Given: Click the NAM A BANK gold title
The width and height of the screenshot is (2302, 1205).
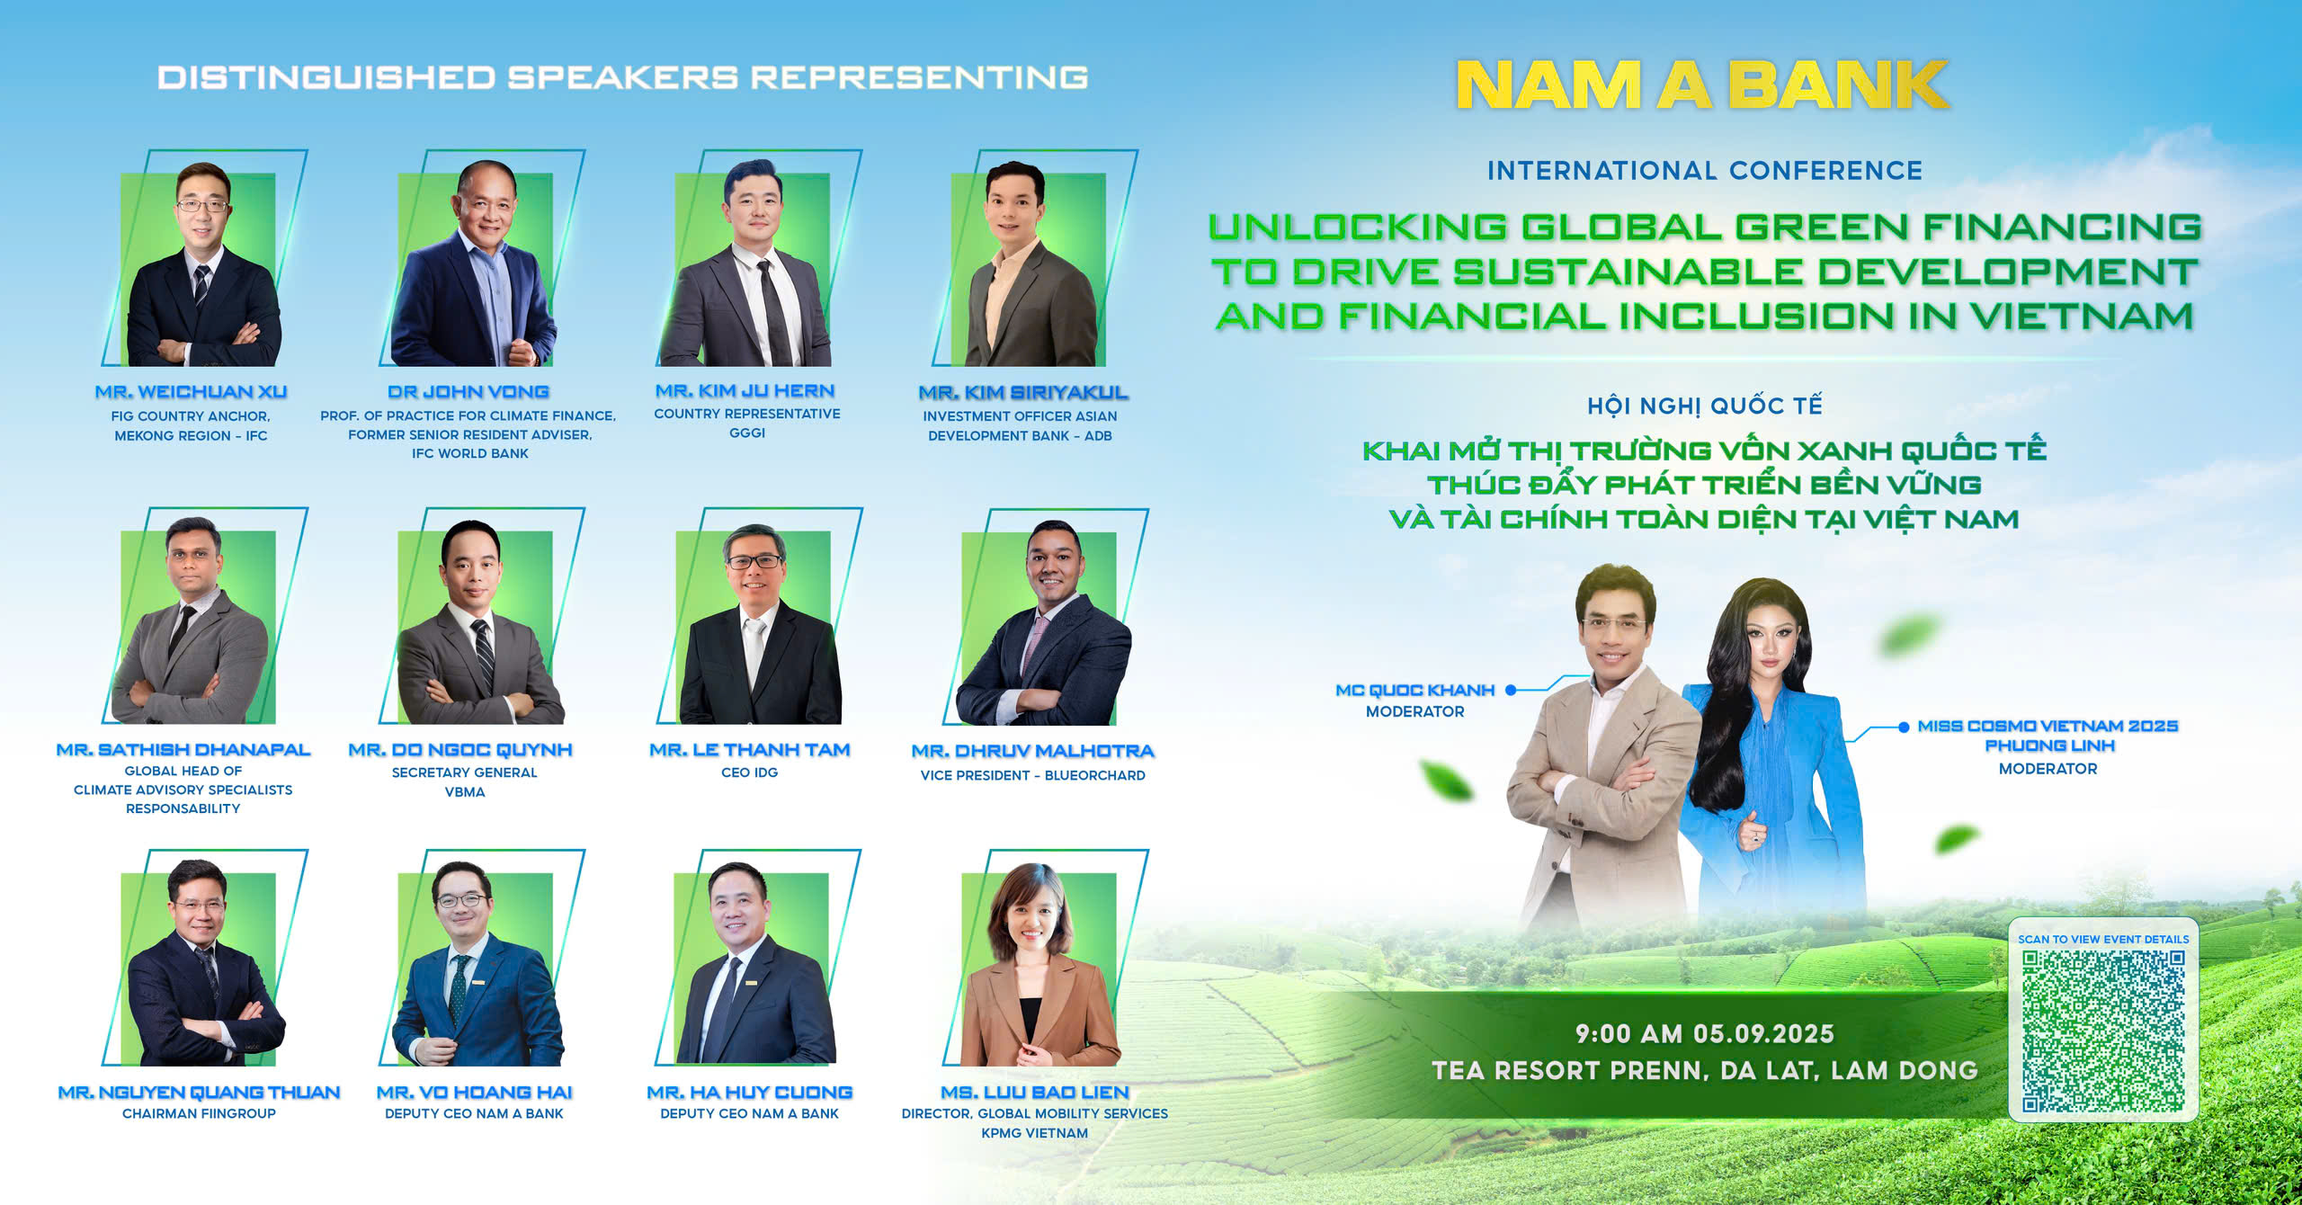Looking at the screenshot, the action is (1702, 85).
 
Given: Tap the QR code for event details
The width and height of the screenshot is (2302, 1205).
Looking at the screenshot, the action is (2103, 1031).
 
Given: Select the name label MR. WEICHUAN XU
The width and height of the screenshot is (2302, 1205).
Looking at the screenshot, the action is (191, 392).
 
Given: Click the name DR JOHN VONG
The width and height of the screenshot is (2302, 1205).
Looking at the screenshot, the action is (468, 392).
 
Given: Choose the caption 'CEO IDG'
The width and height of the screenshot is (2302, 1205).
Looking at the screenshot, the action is (749, 772).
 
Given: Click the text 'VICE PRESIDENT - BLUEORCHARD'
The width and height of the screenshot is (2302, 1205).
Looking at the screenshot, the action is (1032, 775).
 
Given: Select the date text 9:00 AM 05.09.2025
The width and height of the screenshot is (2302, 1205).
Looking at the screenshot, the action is (1704, 1034).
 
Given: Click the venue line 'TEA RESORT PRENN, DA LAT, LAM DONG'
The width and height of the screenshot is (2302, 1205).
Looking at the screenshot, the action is (1705, 1070).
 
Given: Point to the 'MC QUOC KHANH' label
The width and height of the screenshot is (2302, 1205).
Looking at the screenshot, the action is (1414, 691).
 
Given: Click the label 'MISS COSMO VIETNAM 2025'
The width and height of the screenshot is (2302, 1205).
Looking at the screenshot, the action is (2048, 726).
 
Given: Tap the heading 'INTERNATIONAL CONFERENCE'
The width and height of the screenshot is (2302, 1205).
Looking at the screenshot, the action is (1705, 171).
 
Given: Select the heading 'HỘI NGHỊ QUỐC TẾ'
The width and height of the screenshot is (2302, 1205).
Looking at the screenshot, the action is (1705, 406).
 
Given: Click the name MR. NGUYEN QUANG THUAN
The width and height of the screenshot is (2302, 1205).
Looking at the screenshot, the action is (199, 1093).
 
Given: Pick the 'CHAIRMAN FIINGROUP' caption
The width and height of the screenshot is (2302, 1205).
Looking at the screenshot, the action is (199, 1113).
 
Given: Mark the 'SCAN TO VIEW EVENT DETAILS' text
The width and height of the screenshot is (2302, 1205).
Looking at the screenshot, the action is (2103, 939).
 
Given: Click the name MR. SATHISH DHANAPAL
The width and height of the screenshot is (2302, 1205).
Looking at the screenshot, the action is (183, 750).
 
